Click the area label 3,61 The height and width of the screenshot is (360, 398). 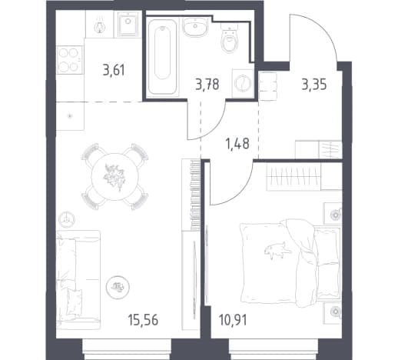point(114,70)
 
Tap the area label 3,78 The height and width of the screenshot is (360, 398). point(207,85)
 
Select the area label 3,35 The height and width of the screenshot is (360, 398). point(314,85)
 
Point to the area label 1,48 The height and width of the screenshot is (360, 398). point(237,144)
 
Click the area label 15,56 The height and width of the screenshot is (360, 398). point(144,321)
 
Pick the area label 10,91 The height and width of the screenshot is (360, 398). point(233,321)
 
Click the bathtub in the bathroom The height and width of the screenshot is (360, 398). point(162,57)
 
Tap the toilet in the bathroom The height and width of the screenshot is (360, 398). point(230,38)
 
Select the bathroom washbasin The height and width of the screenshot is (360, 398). point(196,27)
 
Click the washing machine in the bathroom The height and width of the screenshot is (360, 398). point(243,83)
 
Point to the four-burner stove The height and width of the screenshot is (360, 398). point(69,60)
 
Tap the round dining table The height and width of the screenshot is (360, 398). point(114,177)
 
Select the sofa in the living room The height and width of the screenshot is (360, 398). point(78,280)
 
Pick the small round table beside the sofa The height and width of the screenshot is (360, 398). point(118,287)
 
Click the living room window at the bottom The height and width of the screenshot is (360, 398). point(127,349)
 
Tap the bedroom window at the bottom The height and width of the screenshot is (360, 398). point(274,349)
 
